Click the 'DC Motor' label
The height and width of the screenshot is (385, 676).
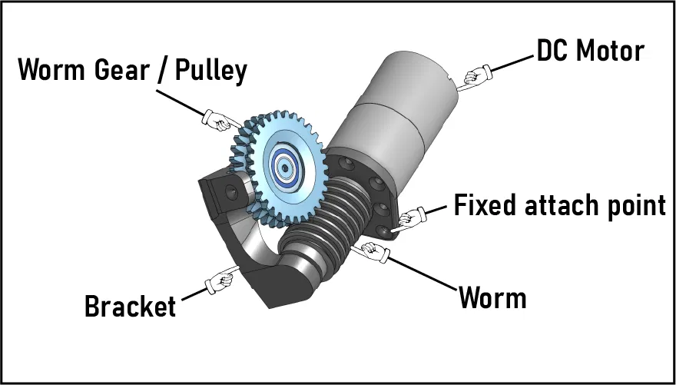point(590,52)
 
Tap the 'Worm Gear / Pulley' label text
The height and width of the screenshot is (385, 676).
point(132,71)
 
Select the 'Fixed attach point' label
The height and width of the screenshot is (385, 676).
point(559,206)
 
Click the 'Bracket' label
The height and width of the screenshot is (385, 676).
point(130,306)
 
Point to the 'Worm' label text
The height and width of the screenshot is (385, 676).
point(492,297)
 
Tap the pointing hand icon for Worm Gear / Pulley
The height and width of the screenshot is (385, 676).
point(217,119)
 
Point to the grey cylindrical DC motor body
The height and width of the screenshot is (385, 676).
point(399,100)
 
